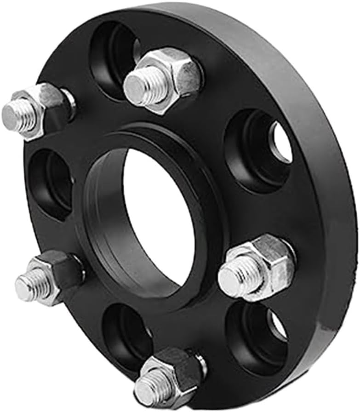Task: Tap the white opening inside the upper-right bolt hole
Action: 280,143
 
